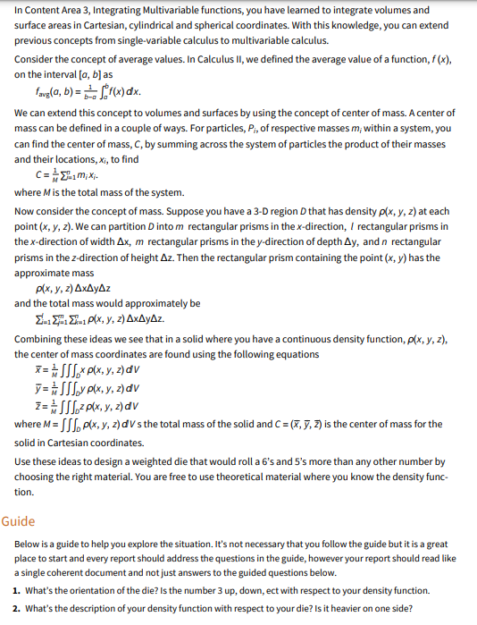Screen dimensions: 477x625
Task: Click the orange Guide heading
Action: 18,519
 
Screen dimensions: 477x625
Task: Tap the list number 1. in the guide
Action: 19,591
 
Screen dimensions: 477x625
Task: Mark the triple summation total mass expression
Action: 98,319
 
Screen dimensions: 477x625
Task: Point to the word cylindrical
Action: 226,25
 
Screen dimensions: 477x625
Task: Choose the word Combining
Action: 42,340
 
